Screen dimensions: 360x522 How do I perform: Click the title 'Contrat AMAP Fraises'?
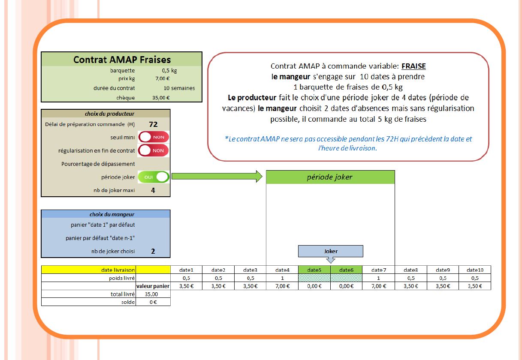[122, 60]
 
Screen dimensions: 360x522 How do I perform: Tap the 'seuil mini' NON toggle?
[154, 137]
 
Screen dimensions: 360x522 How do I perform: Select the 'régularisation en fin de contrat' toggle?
[154, 150]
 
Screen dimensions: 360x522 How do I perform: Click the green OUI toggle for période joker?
[154, 177]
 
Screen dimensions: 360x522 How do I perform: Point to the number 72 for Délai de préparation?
[154, 124]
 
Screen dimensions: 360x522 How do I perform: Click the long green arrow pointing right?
[216, 176]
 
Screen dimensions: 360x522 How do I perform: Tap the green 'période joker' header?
[330, 177]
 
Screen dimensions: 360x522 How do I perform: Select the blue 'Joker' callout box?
[330, 251]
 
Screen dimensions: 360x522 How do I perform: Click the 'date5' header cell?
[314, 270]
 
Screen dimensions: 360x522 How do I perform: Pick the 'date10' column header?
[475, 270]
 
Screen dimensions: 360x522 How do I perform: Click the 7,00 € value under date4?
[282, 286]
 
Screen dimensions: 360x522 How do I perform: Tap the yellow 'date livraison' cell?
[89, 270]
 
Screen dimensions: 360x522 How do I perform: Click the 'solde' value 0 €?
[153, 302]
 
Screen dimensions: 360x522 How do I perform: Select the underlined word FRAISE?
[413, 66]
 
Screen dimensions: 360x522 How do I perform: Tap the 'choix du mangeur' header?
[106, 214]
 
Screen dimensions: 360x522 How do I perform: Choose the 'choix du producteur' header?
[106, 114]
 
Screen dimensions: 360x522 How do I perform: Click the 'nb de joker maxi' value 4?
[153, 190]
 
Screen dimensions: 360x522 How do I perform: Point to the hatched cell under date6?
[346, 278]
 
